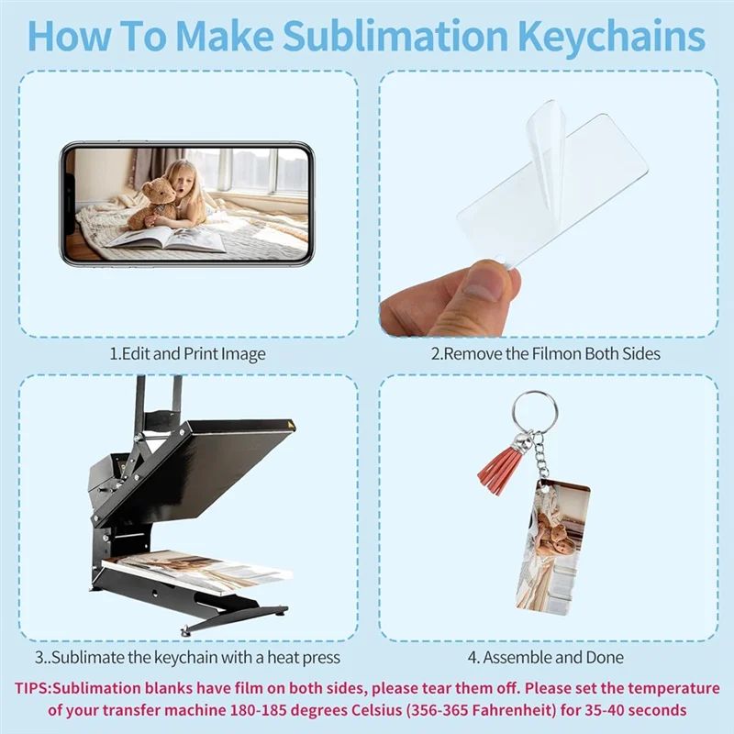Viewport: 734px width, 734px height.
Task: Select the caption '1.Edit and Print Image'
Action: pos(187,353)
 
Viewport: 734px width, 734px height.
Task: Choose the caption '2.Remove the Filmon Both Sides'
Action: pos(546,353)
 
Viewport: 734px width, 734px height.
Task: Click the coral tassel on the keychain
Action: pos(501,469)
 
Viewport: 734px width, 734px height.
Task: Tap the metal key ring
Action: pos(535,412)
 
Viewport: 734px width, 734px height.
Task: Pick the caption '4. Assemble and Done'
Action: pos(546,657)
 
